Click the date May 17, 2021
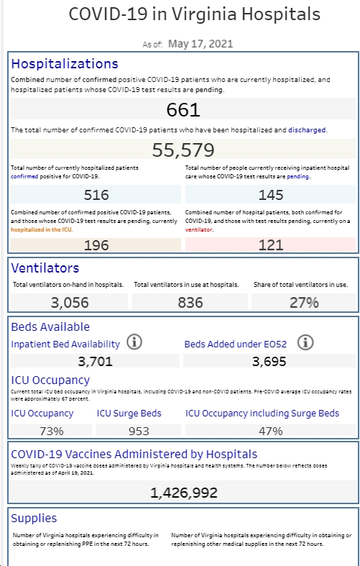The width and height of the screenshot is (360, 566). click(200, 44)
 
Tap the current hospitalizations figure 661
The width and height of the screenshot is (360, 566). click(183, 109)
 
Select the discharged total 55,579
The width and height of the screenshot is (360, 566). click(183, 150)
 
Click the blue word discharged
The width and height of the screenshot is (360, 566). click(307, 130)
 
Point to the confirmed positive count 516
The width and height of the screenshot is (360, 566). click(96, 195)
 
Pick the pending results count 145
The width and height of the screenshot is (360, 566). click(271, 195)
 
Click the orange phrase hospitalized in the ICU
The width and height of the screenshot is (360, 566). click(42, 229)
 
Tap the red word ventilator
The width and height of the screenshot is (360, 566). click(199, 229)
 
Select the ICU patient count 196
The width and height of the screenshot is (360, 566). click(96, 245)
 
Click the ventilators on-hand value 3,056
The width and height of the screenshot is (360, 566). click(70, 303)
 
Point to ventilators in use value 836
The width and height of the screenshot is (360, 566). click(190, 303)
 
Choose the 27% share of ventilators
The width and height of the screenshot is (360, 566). click(304, 303)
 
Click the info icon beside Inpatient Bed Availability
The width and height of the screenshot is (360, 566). click(134, 342)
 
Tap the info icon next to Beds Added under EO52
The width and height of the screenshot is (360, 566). click(305, 342)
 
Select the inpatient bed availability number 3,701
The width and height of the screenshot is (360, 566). click(96, 361)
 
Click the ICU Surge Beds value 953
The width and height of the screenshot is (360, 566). click(139, 431)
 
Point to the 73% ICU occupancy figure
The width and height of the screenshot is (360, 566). click(51, 431)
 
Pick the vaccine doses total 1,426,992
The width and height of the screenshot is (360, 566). click(184, 493)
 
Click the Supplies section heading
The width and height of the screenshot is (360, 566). click(34, 519)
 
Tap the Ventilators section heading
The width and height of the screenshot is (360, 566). click(45, 268)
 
